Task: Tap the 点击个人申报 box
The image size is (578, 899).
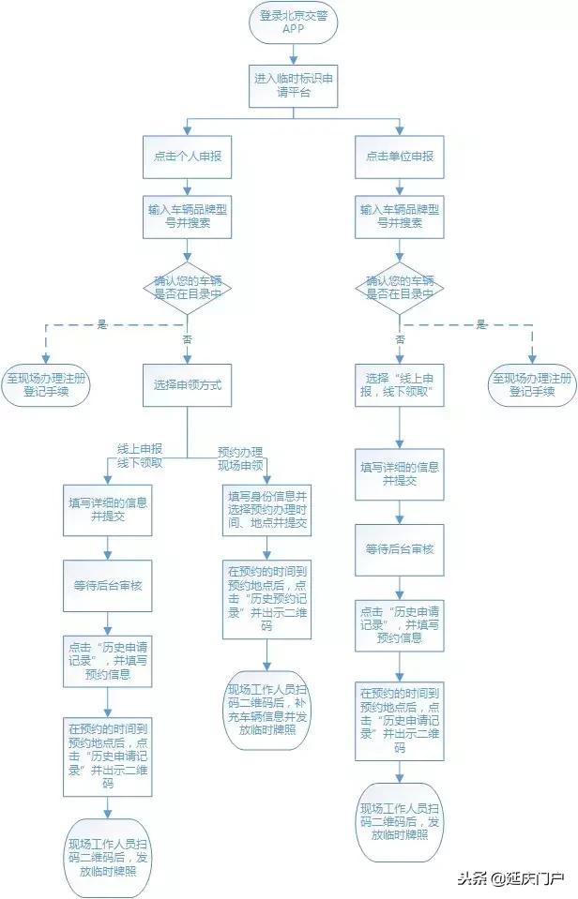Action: (187, 156)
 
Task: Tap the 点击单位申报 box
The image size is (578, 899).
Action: (400, 156)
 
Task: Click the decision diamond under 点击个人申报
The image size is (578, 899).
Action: (187, 286)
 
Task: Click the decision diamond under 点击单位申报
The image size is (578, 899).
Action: (400, 286)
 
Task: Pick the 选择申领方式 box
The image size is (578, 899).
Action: (187, 385)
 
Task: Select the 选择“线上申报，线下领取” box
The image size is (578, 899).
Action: (400, 385)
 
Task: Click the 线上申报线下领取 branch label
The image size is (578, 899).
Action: (140, 456)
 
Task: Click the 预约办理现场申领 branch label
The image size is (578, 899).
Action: (240, 457)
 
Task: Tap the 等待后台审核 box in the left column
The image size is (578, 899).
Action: (107, 585)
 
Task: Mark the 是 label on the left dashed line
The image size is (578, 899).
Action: (102, 324)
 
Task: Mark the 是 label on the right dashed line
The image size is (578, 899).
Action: (481, 324)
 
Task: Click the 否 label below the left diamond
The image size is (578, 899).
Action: (186, 339)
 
